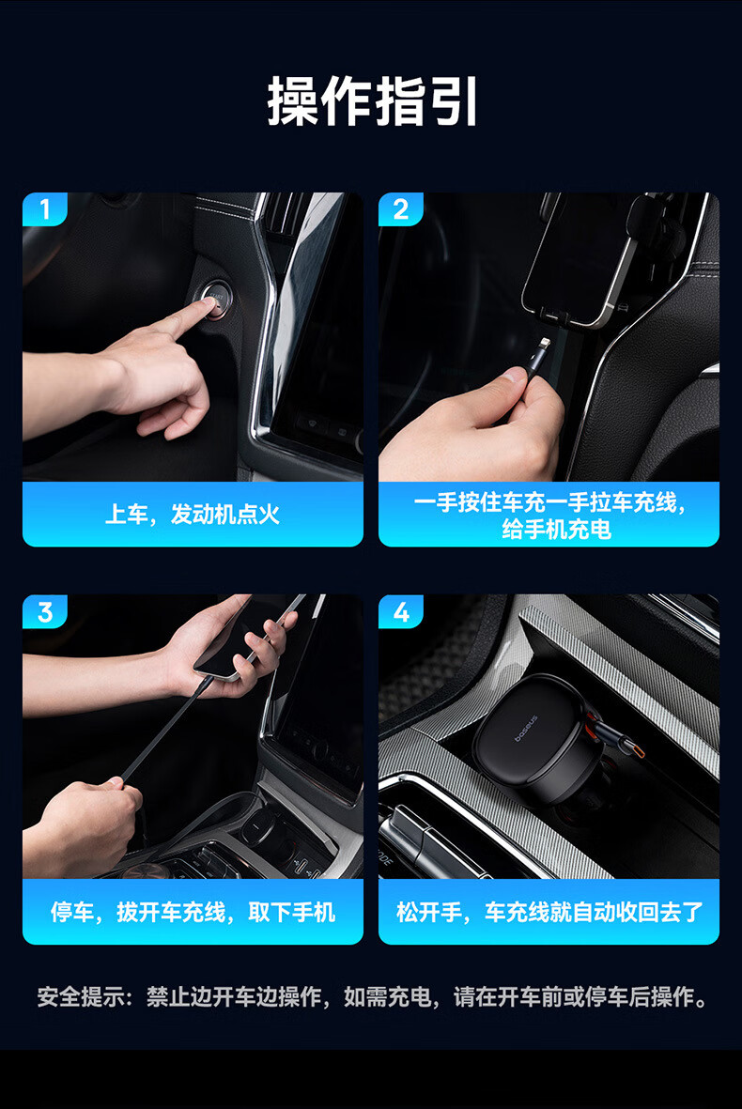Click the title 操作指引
372,101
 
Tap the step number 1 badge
44,209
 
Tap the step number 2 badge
400,209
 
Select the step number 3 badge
44,612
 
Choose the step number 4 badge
400,612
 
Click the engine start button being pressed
214,300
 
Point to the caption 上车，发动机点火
193,515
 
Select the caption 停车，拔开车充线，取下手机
193,913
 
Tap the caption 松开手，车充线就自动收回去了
549,913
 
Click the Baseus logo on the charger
526,729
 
